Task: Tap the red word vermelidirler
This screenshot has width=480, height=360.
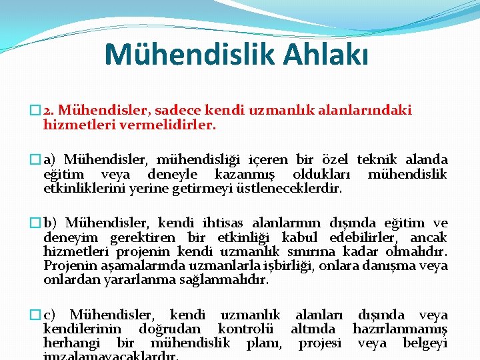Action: click(177, 125)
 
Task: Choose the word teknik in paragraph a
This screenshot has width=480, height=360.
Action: click(377, 160)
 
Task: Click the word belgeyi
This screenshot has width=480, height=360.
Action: click(425, 343)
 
